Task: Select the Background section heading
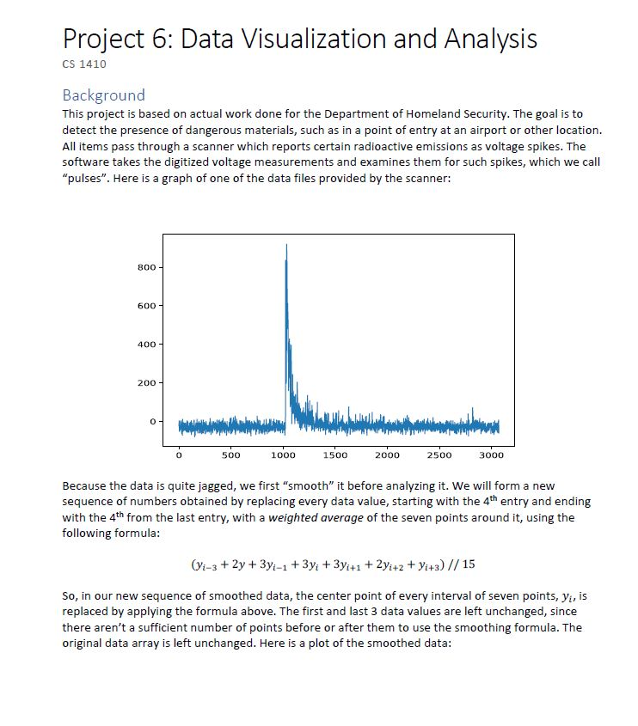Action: [103, 95]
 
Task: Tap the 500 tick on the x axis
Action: [231, 454]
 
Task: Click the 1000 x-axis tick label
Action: [284, 454]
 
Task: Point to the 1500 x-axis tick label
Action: [336, 454]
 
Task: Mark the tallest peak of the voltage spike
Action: [286, 246]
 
